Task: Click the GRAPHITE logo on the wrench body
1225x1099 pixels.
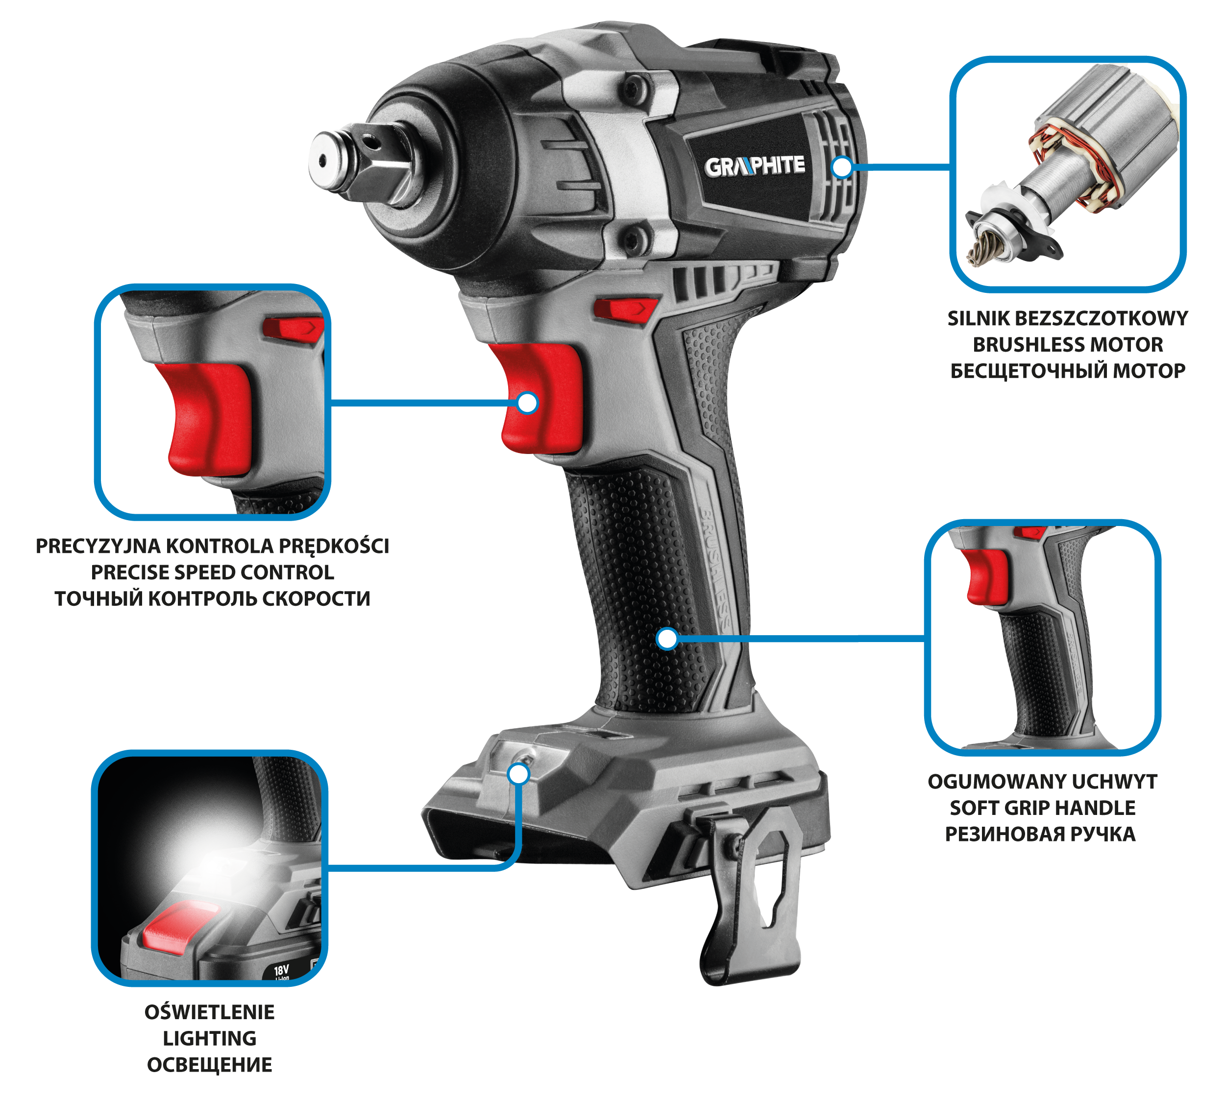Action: point(755,166)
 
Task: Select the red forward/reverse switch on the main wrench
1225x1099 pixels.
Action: point(625,309)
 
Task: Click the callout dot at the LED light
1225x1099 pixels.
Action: point(519,774)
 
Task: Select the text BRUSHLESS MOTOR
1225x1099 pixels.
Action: point(1067,344)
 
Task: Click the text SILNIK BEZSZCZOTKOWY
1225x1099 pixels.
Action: point(1067,318)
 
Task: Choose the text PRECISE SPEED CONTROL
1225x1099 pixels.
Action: point(212,572)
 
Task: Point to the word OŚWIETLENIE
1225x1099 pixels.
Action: point(210,1011)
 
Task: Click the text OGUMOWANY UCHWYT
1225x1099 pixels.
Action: point(1043,781)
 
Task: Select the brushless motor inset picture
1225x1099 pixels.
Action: point(1067,174)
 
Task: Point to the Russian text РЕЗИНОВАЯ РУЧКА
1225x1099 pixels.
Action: point(1040,834)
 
